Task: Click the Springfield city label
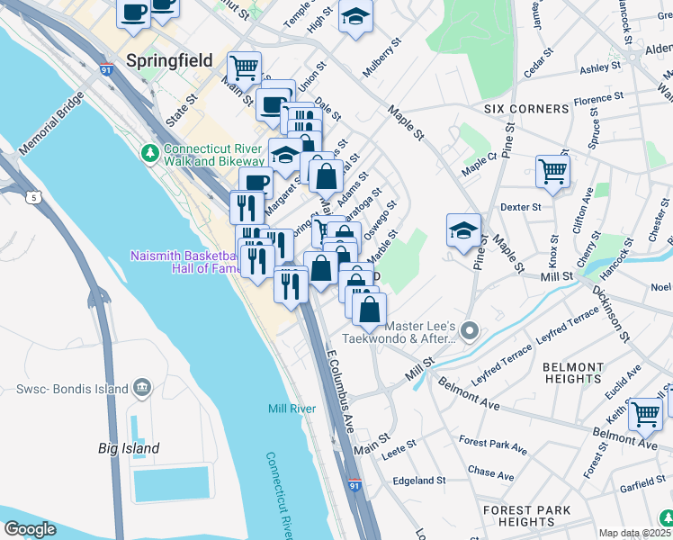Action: tap(169, 61)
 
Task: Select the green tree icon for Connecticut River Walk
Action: tap(148, 151)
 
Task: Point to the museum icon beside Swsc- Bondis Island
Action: tap(140, 388)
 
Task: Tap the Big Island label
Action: tap(129, 448)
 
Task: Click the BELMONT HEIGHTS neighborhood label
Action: tap(574, 374)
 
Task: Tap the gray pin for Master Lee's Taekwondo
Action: tap(469, 334)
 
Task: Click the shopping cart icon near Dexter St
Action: tap(552, 171)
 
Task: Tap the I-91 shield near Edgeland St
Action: tap(355, 486)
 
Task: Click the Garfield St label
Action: tap(642, 486)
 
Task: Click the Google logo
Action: tap(30, 529)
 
